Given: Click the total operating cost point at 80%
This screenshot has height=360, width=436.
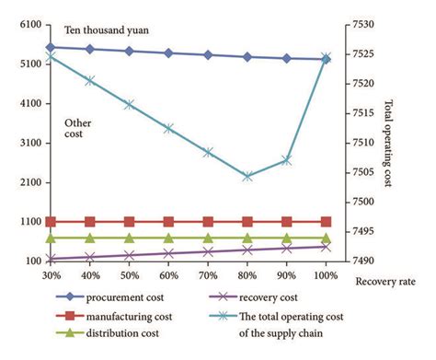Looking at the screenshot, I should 247,176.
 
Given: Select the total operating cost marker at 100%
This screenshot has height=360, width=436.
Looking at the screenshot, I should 326,57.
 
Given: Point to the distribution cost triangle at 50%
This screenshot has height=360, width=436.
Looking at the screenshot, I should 129,238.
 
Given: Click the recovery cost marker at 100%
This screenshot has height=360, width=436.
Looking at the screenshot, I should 326,246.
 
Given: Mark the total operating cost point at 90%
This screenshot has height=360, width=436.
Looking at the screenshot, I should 287,160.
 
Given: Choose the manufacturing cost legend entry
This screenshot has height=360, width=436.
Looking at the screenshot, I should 133,316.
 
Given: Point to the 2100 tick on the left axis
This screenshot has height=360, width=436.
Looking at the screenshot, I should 28,182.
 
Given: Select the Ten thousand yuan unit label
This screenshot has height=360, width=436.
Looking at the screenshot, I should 106,30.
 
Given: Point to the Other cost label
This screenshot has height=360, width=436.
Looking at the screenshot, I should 77,130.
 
